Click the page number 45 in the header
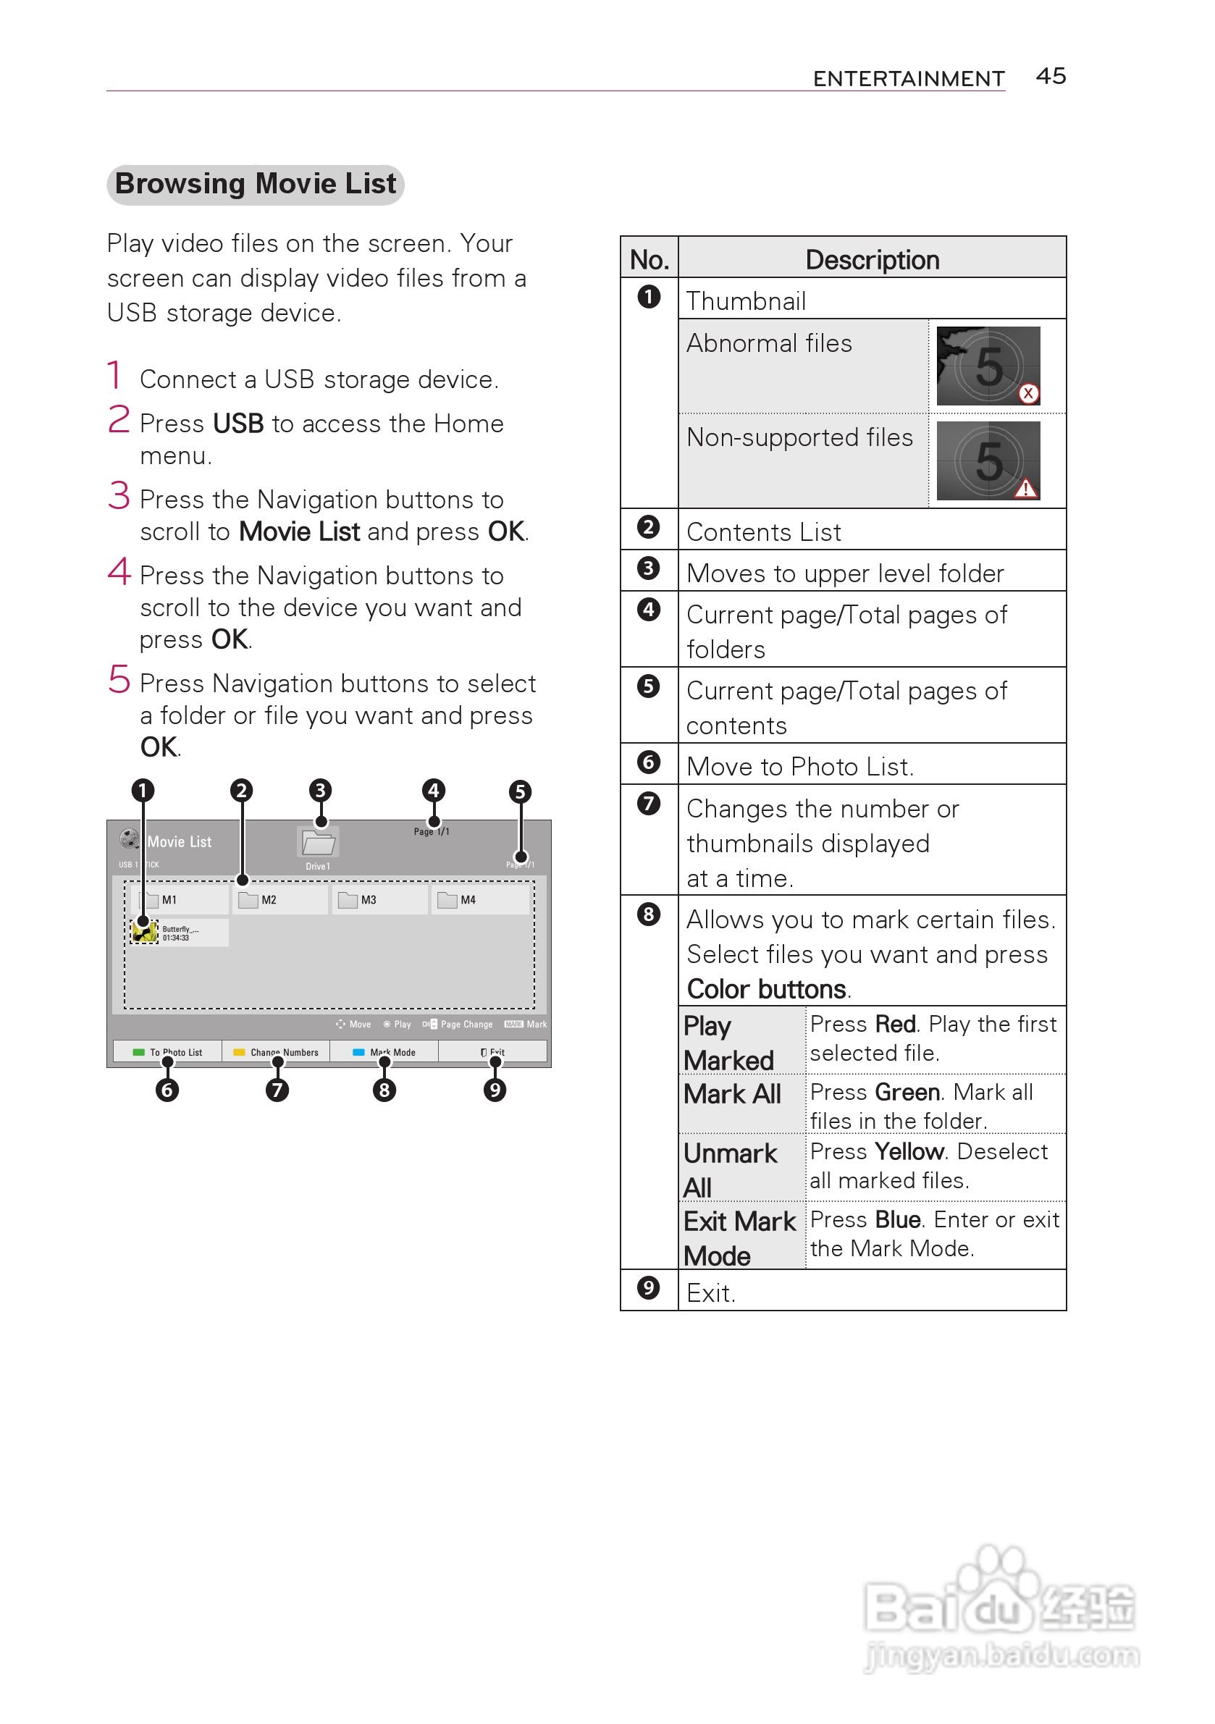coord(1050,76)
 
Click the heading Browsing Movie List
coord(256,184)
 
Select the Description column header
coord(871,260)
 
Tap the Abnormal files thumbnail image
coord(988,366)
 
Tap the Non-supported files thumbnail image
coord(988,461)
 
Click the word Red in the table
coord(895,1024)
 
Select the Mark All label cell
coord(732,1094)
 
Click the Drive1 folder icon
coord(319,844)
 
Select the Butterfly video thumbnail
coord(144,932)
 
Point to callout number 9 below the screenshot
coord(494,1090)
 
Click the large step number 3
coord(119,496)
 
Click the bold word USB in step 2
coord(238,424)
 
